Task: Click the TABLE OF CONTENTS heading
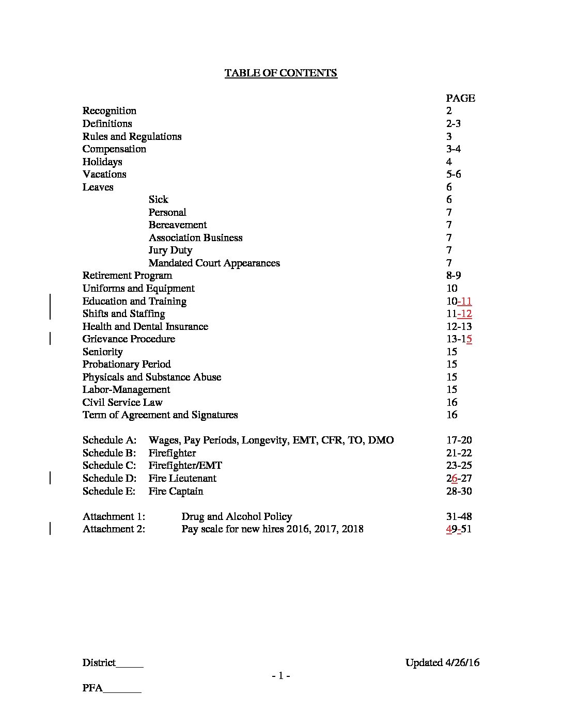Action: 280,73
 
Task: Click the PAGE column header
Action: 460,98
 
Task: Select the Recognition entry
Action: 110,110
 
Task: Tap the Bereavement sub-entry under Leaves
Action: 178,225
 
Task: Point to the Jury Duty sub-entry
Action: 170,250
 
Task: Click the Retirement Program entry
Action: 127,275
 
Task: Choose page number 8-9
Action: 454,275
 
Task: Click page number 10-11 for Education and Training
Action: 459,301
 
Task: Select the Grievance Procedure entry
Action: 129,339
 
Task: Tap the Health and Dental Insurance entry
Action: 145,326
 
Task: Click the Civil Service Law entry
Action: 122,402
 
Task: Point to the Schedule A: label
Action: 110,440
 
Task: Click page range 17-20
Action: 459,440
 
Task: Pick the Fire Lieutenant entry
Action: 182,478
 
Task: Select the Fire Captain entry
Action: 176,491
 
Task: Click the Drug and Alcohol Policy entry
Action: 237,516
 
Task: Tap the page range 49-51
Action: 459,529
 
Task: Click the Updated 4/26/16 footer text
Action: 442,662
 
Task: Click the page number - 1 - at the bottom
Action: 281,675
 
